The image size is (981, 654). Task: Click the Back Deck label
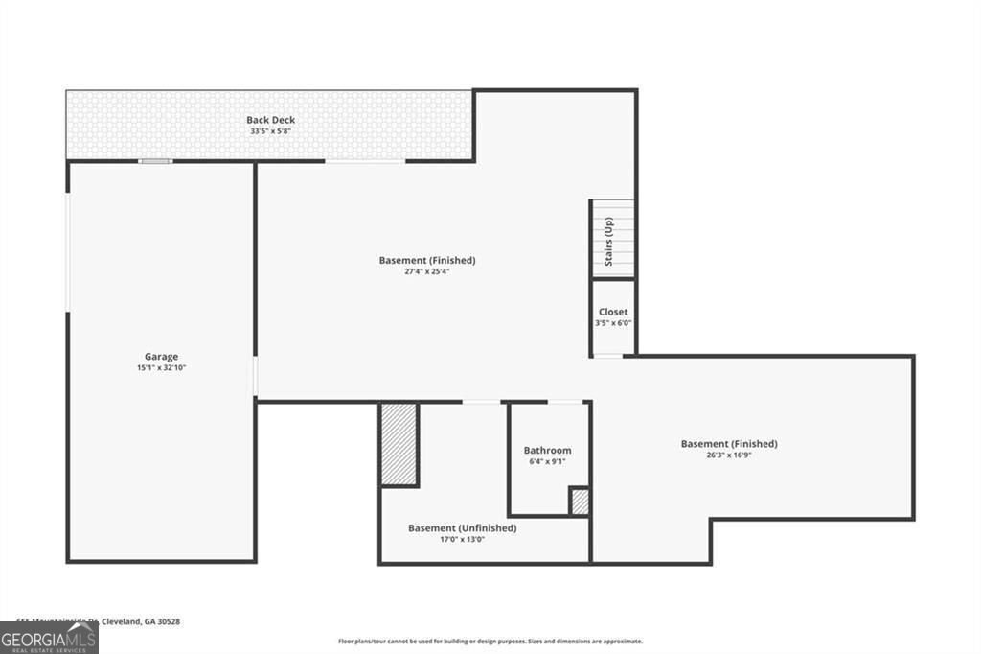point(270,120)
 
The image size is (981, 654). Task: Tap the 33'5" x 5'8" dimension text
point(270,131)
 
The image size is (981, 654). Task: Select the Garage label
point(161,357)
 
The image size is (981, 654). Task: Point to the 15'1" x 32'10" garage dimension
point(161,368)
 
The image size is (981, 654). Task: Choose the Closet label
point(613,312)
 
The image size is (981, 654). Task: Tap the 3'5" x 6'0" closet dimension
point(613,323)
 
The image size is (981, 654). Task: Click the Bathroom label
point(547,450)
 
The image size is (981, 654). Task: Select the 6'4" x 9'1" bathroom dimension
point(547,461)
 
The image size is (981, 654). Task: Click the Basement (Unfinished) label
point(462,527)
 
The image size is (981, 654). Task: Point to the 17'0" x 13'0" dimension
point(462,539)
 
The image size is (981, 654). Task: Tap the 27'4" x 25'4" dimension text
point(426,271)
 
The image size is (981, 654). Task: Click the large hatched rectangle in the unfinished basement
point(399,443)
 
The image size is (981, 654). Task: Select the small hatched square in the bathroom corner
point(579,502)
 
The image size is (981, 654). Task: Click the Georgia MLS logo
point(49,639)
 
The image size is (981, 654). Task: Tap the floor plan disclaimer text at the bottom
point(490,642)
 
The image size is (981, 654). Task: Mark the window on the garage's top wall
point(155,161)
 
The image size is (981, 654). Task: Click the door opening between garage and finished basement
point(255,376)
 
